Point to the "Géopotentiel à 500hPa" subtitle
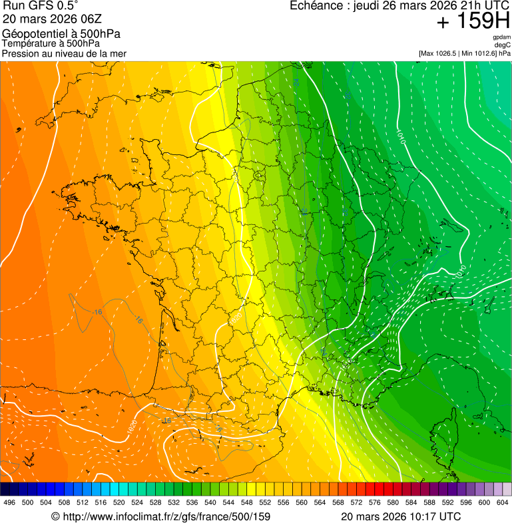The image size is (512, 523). click(61, 34)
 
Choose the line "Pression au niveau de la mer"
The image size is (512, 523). click(64, 53)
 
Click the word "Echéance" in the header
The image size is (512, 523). click(316, 6)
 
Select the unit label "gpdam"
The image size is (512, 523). click(501, 37)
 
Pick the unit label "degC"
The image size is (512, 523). click(503, 45)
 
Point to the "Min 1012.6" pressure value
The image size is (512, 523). click(479, 53)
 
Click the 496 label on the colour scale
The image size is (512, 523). click(9, 502)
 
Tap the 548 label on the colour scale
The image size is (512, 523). click(246, 502)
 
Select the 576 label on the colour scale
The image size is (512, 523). click(374, 502)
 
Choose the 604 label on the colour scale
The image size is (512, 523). click(502, 502)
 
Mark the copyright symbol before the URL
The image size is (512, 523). click(55, 516)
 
